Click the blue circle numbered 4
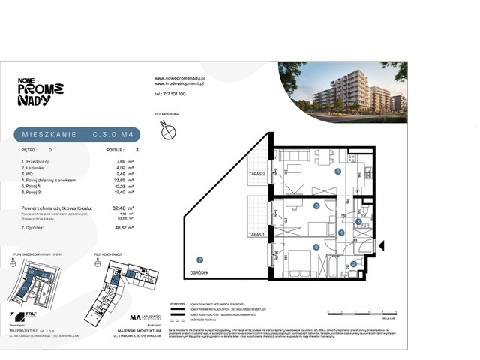pyautogui.click(x=338, y=172)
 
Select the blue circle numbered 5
pyautogui.click(x=317, y=205)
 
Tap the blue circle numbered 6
pyautogui.click(x=316, y=246)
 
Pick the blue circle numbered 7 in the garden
pyautogui.click(x=190, y=259)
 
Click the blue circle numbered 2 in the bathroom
pyautogui.click(x=353, y=263)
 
